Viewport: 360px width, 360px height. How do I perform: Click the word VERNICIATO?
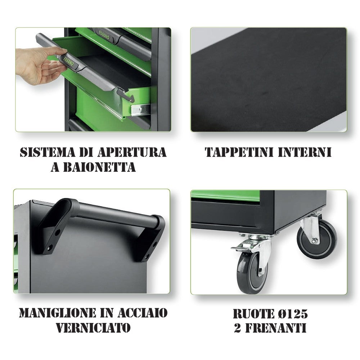(x=93, y=328)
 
